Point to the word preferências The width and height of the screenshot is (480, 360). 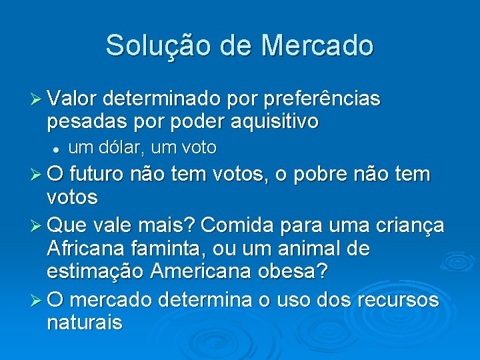point(323,99)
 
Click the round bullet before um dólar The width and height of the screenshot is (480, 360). point(59,147)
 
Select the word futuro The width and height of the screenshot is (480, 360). point(100,175)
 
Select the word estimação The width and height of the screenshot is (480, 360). point(96,272)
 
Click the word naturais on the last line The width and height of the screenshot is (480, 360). point(85,323)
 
